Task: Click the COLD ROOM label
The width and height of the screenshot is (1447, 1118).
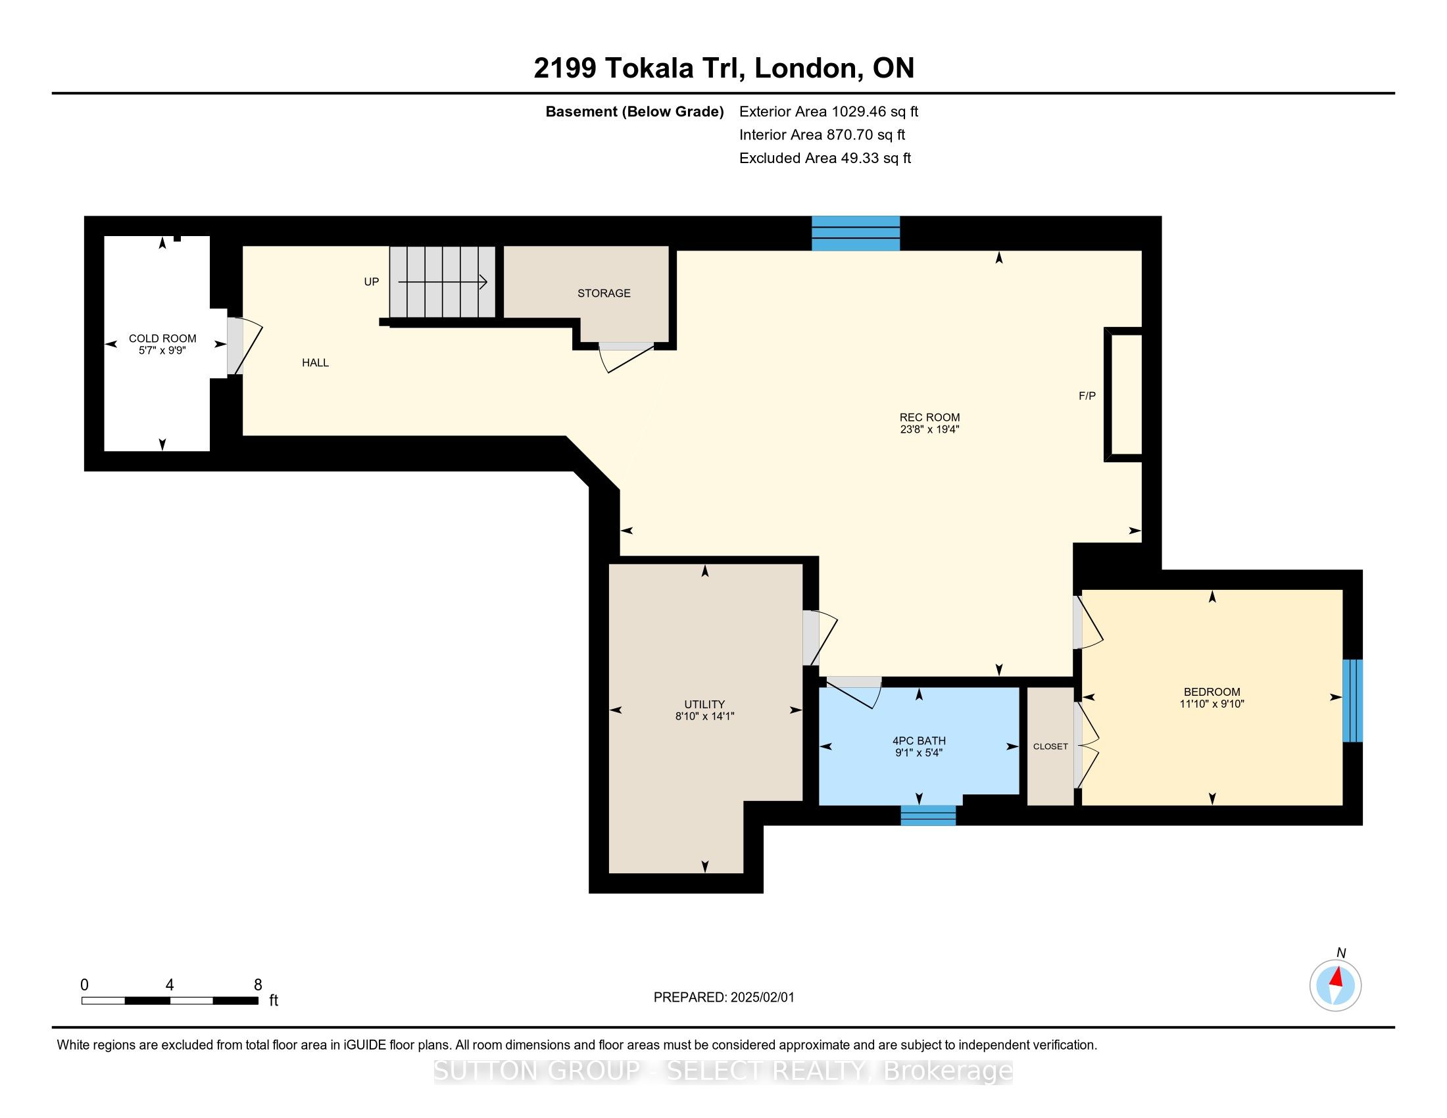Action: coord(162,339)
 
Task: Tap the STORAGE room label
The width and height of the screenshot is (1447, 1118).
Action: coord(604,293)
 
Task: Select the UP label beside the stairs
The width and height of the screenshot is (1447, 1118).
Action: coord(371,281)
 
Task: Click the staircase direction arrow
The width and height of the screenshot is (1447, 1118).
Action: coord(443,282)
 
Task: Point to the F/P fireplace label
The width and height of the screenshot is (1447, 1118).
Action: coord(1087,395)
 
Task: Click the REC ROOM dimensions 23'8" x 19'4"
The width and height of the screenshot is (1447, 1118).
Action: coord(929,429)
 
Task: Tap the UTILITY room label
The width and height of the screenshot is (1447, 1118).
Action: coord(704,704)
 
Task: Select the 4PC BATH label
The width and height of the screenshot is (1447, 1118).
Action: coord(919,741)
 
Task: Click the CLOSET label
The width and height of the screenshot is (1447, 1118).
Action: coord(1050,746)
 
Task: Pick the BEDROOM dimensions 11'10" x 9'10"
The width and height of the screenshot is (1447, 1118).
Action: coord(1212,704)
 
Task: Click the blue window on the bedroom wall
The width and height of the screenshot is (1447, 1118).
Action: coord(1352,700)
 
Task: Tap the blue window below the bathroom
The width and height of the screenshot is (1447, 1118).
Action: coord(928,815)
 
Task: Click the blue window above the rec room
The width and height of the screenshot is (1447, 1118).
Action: coord(856,233)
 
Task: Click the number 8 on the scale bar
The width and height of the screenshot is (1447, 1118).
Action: coord(258,985)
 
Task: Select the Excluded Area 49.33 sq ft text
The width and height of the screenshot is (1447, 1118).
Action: coord(825,158)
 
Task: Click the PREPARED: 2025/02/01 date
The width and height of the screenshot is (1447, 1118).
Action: coord(723,998)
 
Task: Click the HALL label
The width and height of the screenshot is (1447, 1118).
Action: coord(315,362)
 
